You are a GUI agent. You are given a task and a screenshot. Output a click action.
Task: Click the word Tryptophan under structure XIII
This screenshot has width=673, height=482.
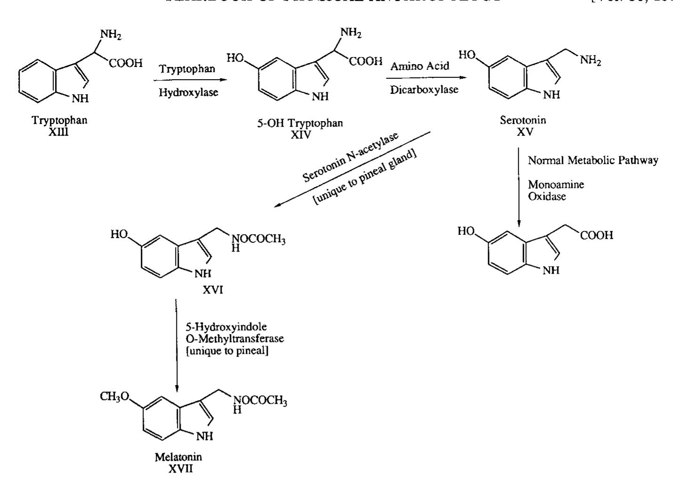[x=59, y=120]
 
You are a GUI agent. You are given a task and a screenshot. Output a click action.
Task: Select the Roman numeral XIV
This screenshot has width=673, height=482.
[x=301, y=135]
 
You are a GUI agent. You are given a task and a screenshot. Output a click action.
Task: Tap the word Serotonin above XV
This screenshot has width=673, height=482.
[x=523, y=120]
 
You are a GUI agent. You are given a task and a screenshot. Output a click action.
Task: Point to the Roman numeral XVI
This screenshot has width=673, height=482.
[x=213, y=290]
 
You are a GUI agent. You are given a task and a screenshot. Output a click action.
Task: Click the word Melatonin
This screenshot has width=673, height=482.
[x=178, y=457]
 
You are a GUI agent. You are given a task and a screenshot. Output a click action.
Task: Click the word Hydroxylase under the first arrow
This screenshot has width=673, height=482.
[x=188, y=92]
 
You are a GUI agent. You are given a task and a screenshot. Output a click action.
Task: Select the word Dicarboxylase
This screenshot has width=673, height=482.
[x=424, y=90]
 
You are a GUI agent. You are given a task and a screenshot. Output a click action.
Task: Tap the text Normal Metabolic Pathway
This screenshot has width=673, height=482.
[x=593, y=161]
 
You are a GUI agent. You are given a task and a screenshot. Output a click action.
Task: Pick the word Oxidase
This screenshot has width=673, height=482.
[x=547, y=196]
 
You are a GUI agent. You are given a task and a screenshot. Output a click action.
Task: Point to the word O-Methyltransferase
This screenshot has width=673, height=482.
[x=235, y=339]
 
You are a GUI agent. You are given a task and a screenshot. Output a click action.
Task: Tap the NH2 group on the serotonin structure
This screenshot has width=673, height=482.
[x=591, y=61]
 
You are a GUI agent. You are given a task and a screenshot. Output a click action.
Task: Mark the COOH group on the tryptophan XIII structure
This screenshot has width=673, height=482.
[x=126, y=64]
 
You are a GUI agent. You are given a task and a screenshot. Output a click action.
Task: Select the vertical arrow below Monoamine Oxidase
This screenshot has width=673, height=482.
[x=519, y=188]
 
